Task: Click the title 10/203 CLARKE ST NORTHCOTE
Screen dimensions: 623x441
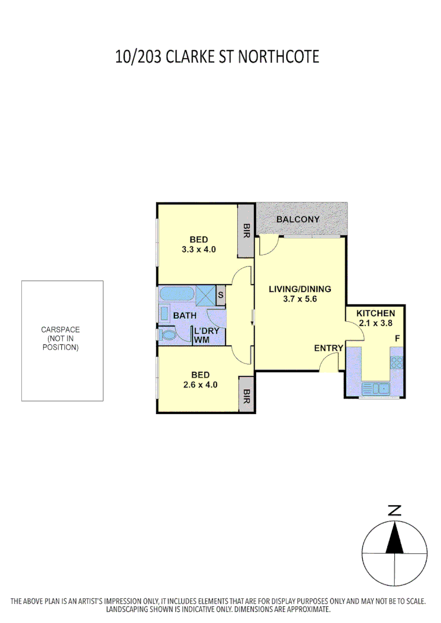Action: click(x=217, y=57)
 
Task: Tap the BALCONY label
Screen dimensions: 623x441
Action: click(x=297, y=219)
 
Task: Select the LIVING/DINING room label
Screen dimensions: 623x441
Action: click(x=300, y=290)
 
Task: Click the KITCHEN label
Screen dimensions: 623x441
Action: click(x=376, y=313)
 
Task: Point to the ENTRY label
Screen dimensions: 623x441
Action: click(x=328, y=348)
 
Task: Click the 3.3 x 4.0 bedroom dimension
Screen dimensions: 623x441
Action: click(x=199, y=250)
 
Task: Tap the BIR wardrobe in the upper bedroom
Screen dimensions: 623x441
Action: click(x=246, y=232)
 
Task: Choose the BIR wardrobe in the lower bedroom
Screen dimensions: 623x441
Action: click(x=246, y=395)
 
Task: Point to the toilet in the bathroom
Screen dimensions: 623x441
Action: click(x=169, y=335)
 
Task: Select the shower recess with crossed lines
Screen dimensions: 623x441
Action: click(x=205, y=295)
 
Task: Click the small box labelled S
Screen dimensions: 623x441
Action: click(x=220, y=296)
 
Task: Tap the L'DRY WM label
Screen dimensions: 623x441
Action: click(x=205, y=335)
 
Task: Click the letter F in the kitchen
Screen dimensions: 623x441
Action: click(x=397, y=338)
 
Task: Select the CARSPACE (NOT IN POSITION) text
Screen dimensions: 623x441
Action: click(x=61, y=339)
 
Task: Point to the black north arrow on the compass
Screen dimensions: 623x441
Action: click(x=395, y=538)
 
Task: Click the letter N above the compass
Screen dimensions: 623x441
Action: click(x=395, y=511)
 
